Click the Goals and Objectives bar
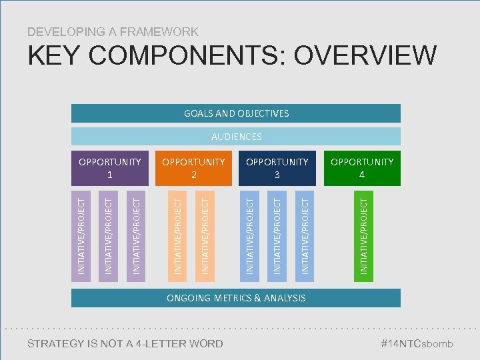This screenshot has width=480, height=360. [x=236, y=113]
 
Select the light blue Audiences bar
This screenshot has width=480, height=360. [x=236, y=137]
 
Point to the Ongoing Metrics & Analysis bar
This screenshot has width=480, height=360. [x=236, y=298]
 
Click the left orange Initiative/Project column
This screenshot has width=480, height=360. [x=177, y=233]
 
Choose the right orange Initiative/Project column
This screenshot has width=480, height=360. [x=205, y=233]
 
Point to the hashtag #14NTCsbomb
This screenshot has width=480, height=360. [x=416, y=344]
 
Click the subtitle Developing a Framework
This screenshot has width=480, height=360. [x=113, y=31]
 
